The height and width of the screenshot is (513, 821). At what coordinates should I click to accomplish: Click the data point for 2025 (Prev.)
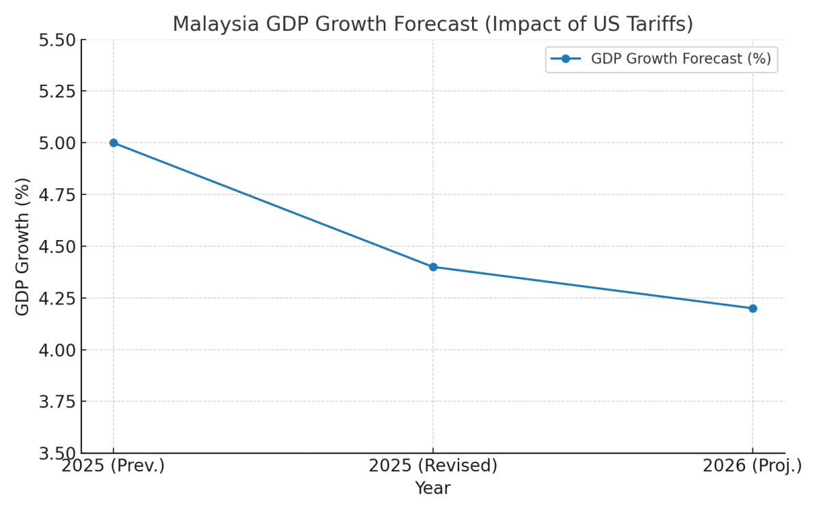114,143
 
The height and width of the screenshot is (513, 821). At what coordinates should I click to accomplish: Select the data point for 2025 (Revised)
433,267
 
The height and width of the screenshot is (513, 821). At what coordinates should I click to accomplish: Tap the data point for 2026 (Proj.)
753,308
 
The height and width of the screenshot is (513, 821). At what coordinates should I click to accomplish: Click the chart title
432,25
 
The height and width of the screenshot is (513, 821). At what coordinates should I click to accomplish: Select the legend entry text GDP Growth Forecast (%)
681,59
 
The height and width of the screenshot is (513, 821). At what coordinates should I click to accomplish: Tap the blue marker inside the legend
566,59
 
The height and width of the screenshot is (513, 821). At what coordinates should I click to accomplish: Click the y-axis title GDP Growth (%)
23,246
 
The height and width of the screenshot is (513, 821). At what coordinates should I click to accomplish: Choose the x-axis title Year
432,488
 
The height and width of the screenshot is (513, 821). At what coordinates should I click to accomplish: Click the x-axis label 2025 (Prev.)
114,466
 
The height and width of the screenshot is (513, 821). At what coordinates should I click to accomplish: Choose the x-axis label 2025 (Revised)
433,466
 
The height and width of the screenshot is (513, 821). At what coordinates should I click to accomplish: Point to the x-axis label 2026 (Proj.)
753,466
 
